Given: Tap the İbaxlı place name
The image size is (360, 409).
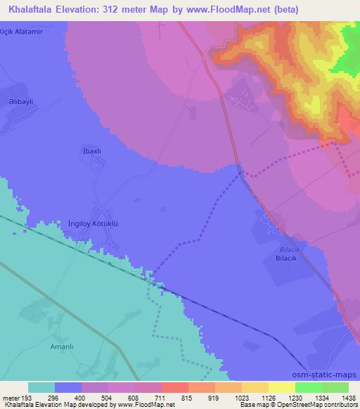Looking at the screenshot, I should (x=93, y=151).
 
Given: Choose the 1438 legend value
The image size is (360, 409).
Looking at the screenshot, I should (x=347, y=397).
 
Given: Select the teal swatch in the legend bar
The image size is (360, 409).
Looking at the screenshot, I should (x=41, y=387).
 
